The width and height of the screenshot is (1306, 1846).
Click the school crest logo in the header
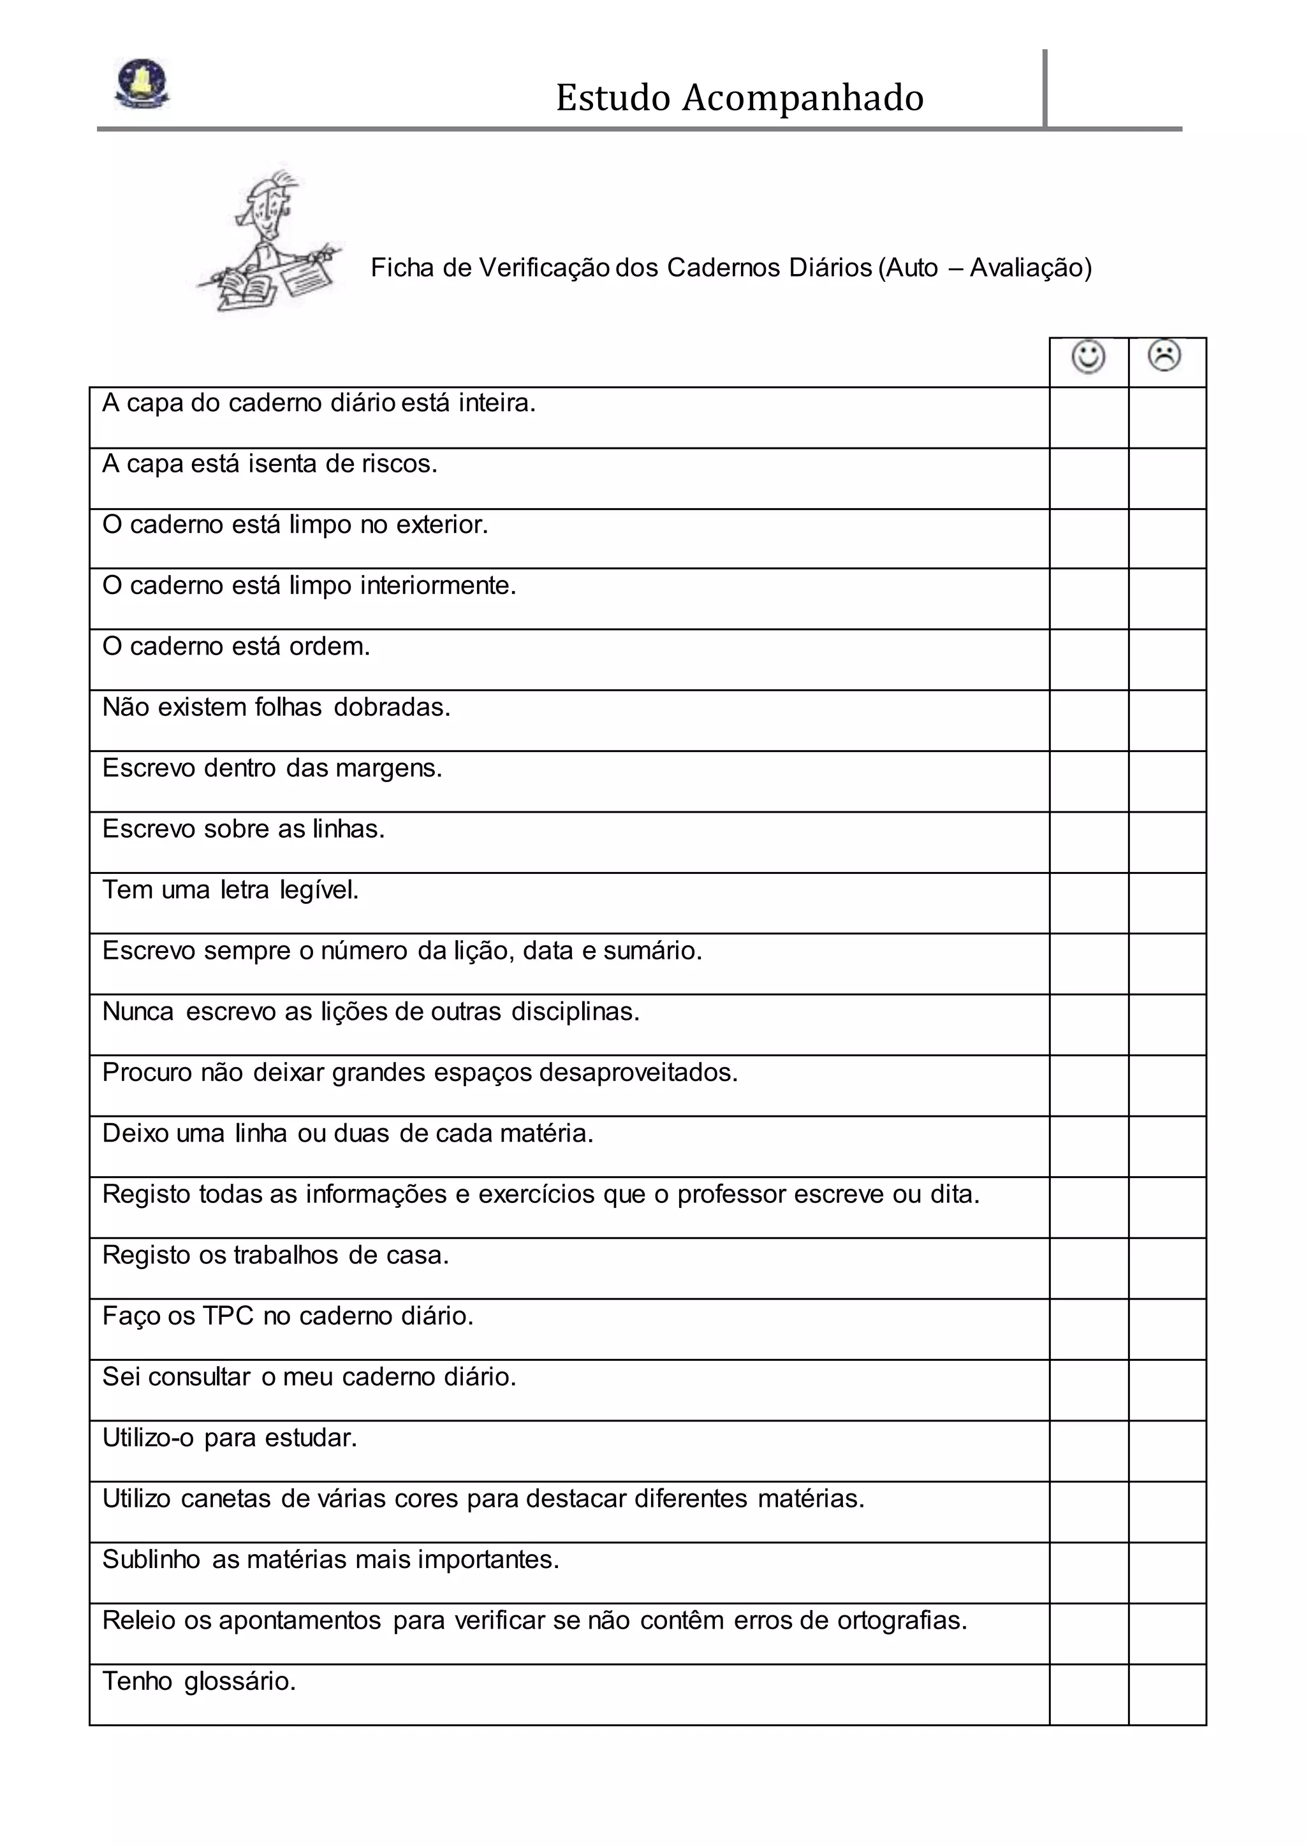[x=142, y=84]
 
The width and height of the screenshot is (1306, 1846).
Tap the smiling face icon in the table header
[x=1089, y=357]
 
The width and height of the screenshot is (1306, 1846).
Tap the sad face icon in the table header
[x=1164, y=356]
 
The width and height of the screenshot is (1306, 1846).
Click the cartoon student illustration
[x=269, y=241]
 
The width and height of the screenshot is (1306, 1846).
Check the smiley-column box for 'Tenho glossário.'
[x=1089, y=1694]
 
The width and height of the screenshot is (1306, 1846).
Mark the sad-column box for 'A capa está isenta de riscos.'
[x=1168, y=478]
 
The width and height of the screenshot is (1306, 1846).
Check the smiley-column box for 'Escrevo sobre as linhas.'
[x=1089, y=843]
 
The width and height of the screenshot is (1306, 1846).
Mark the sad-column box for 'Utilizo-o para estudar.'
[x=1168, y=1451]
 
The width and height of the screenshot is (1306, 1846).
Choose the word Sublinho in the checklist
[x=151, y=1560]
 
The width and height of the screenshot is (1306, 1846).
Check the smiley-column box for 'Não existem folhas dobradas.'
[x=1089, y=720]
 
